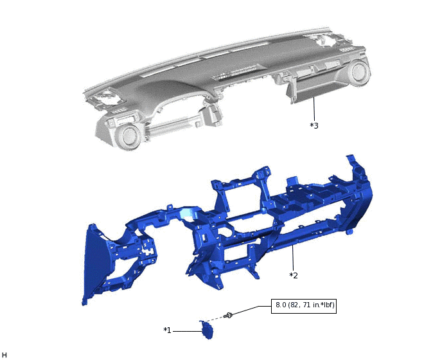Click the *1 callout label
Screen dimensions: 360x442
pos(167,330)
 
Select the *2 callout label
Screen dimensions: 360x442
pos(294,275)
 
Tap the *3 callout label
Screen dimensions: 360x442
pos(314,125)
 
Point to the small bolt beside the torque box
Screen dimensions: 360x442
pos(228,316)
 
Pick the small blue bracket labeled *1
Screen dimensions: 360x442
pos(207,329)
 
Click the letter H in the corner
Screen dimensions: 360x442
pos(4,354)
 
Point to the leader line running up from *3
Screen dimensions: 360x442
pos(314,109)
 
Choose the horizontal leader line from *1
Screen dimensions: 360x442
pos(186,330)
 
